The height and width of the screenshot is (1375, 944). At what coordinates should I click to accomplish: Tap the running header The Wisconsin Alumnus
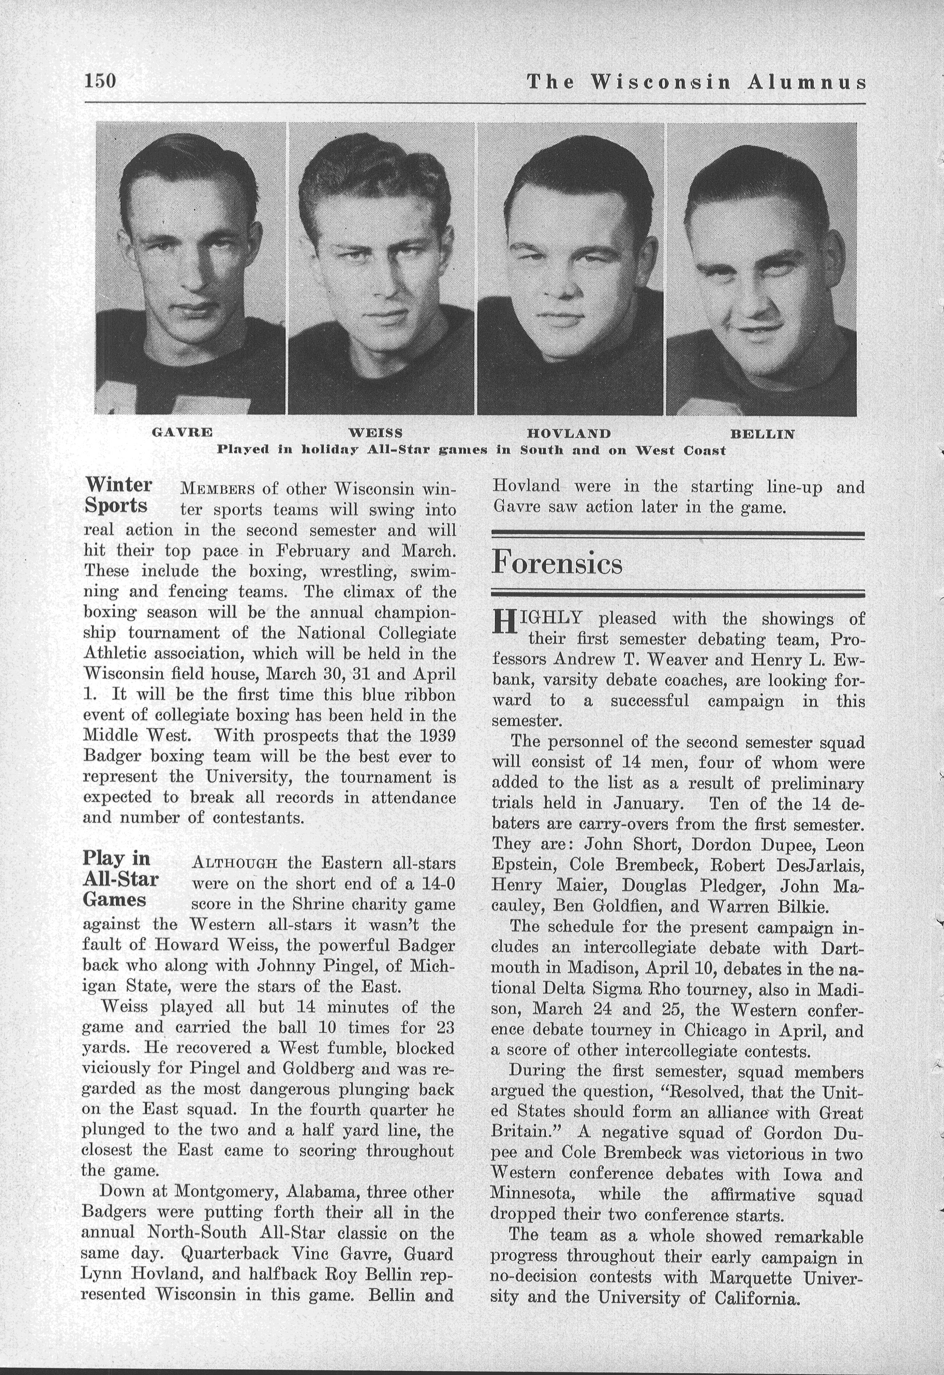tap(696, 82)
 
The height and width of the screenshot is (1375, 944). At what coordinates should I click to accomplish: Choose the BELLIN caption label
tap(762, 434)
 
